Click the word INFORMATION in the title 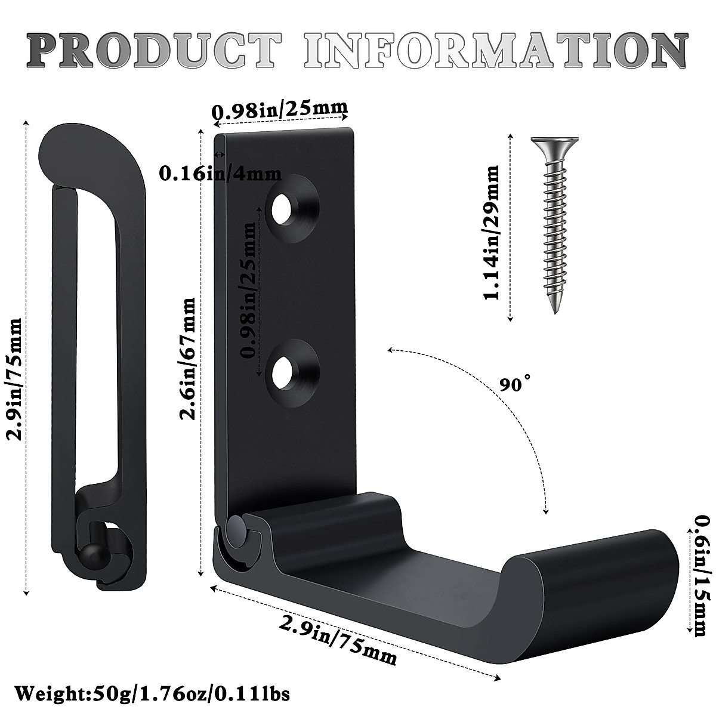pyautogui.click(x=495, y=51)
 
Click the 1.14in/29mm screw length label pyautogui.click(x=492, y=233)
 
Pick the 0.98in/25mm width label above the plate pyautogui.click(x=280, y=109)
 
